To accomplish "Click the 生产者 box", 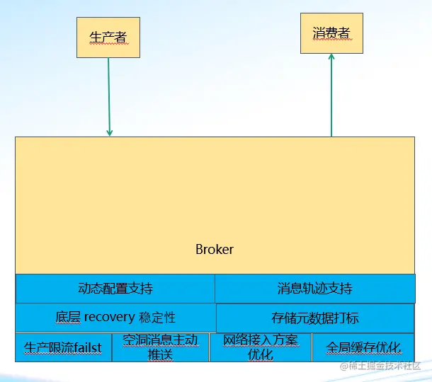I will tap(108, 37).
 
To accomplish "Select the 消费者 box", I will tap(331, 33).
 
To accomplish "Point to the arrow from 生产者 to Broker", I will tap(109, 95).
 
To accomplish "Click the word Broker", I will tap(214, 250).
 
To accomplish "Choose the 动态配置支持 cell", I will tap(115, 289).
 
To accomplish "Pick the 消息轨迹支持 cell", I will tap(314, 289).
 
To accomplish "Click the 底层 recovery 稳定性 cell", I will tap(115, 317).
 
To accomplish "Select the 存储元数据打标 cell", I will tap(314, 318).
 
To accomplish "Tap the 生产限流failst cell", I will tap(63, 347).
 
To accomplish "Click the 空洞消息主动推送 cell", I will tap(160, 347).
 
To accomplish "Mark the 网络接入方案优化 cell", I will tap(260, 347).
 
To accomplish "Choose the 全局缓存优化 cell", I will tap(363, 347).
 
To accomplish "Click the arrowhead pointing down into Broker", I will tap(109, 132).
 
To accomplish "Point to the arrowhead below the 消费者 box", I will tap(331, 59).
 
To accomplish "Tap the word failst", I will tap(86, 348).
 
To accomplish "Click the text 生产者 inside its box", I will tap(108, 37).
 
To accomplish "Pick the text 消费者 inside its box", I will tap(331, 33).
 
